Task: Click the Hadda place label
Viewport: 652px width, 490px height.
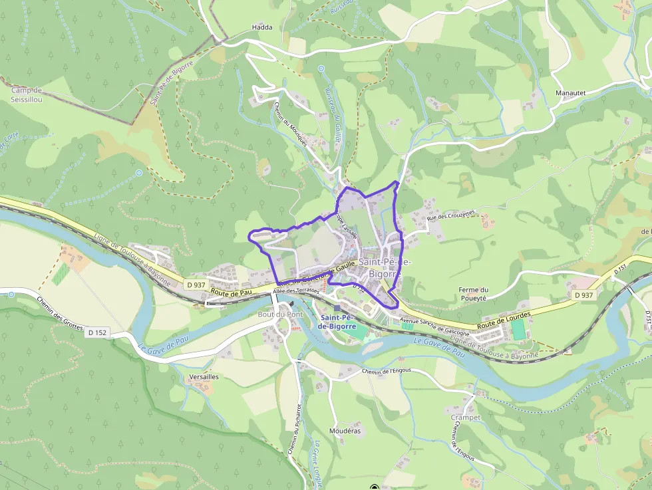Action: click(x=262, y=27)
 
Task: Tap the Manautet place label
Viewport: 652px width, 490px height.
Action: click(x=570, y=93)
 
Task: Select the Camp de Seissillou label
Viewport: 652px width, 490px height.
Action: click(x=27, y=94)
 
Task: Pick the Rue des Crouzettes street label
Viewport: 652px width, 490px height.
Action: click(x=451, y=216)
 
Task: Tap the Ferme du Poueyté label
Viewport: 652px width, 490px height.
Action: click(x=474, y=294)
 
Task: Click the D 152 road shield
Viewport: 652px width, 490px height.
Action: click(x=96, y=332)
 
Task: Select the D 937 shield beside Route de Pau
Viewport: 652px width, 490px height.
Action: click(x=196, y=285)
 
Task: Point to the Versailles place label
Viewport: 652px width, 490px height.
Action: click(x=204, y=376)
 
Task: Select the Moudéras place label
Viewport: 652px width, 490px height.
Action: click(x=345, y=431)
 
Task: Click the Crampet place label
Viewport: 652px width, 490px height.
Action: click(x=466, y=417)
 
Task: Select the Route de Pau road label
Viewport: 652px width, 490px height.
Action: click(x=231, y=292)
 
